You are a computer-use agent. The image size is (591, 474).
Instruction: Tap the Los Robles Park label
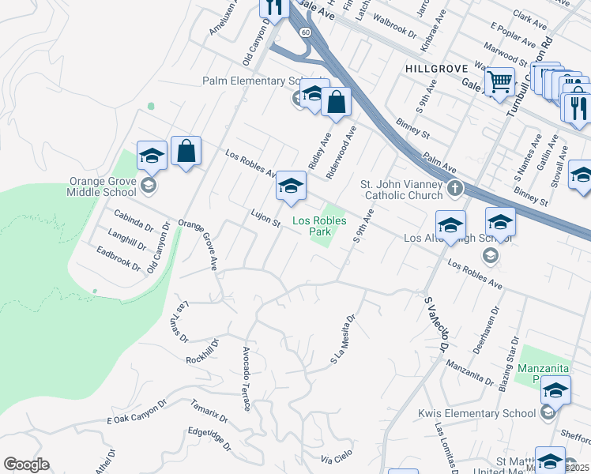tap(319, 227)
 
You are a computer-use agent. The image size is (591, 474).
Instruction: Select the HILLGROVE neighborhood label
tap(437, 70)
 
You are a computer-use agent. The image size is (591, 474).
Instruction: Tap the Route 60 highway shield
tap(304, 31)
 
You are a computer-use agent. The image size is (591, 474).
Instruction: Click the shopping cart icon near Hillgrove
tap(499, 81)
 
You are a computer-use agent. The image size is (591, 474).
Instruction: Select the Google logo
tap(26, 465)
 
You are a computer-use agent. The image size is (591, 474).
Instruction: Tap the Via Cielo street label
tap(337, 458)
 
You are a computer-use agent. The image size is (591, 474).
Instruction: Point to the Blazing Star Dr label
tap(507, 367)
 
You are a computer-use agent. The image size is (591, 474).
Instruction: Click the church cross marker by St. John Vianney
tap(454, 189)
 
